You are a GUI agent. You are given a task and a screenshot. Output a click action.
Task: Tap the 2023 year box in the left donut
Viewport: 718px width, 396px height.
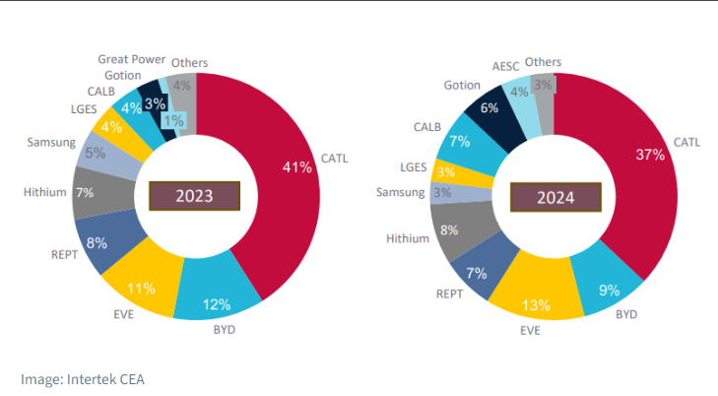coord(194,195)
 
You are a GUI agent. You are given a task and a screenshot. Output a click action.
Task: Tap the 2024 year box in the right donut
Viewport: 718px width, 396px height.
coord(555,197)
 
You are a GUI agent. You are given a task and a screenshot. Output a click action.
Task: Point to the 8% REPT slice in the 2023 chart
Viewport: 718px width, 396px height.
coord(98,243)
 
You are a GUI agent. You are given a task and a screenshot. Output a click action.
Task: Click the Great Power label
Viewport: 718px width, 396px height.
coord(131,59)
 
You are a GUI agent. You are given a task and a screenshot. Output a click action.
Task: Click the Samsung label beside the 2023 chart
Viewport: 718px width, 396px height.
coord(51,142)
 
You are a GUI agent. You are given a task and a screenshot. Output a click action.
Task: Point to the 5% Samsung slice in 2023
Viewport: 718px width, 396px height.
coord(97,154)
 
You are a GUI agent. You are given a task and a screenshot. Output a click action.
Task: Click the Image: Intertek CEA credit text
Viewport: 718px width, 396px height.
coord(83,378)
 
